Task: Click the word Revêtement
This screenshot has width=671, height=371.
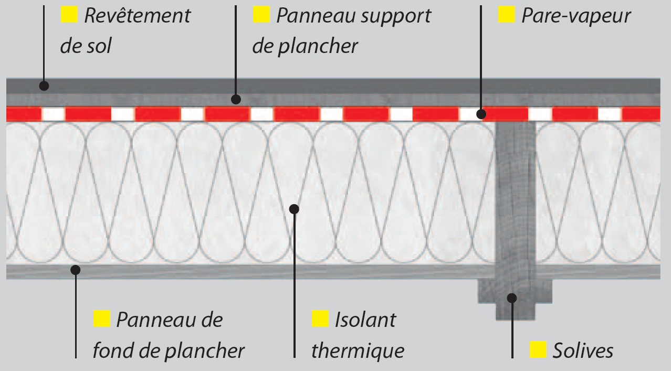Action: (x=137, y=16)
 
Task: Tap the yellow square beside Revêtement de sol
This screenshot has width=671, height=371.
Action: (x=69, y=15)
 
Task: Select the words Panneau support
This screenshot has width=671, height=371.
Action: (x=353, y=16)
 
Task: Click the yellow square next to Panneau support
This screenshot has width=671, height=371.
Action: (x=261, y=15)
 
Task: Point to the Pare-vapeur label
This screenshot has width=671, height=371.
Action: (x=575, y=16)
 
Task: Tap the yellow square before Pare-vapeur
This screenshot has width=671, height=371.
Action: (x=506, y=15)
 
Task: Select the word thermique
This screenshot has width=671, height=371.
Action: (x=358, y=350)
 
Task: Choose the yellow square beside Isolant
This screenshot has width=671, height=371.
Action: (x=320, y=319)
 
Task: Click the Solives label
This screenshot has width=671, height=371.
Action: (x=582, y=350)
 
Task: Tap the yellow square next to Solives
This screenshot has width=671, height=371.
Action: (x=538, y=349)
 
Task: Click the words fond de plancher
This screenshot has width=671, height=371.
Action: (x=169, y=350)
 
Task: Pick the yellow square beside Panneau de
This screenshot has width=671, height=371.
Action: (x=101, y=319)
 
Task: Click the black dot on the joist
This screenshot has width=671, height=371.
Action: (x=512, y=298)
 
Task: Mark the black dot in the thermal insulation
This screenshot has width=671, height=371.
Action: (x=294, y=209)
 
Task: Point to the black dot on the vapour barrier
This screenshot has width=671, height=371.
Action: (x=480, y=113)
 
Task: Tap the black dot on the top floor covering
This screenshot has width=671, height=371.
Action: (x=45, y=86)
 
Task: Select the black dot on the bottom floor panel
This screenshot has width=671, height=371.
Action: (x=76, y=270)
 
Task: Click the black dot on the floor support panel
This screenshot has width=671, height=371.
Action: (x=236, y=98)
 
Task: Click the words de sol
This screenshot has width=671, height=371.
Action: (x=86, y=46)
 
